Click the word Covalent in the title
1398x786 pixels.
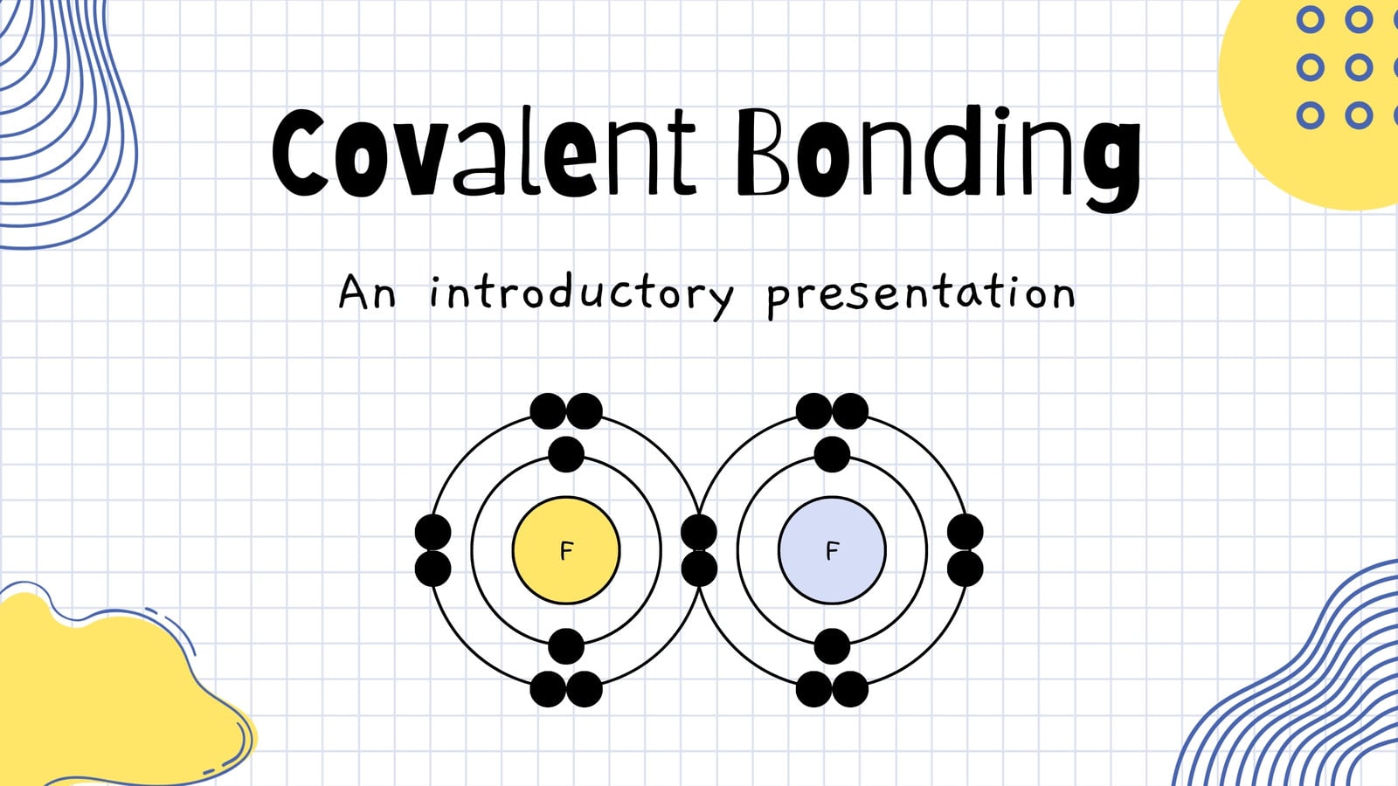(x=484, y=152)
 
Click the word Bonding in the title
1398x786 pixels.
(x=938, y=160)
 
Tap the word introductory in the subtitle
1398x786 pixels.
(x=582, y=294)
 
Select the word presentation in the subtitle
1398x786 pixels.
(x=921, y=294)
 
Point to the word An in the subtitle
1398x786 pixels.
(x=367, y=292)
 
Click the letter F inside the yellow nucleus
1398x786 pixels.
(x=566, y=551)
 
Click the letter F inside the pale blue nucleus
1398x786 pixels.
(x=832, y=551)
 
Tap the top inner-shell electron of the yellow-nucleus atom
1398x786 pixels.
(x=566, y=454)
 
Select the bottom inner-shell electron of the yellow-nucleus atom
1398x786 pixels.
(x=566, y=646)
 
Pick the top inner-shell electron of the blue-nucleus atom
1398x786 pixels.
(x=832, y=454)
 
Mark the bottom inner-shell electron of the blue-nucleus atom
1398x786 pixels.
(x=832, y=646)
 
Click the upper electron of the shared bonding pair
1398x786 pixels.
(x=699, y=532)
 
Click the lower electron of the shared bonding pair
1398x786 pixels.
(x=699, y=569)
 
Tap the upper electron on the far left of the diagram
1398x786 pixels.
(x=433, y=532)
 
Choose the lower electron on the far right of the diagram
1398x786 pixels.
(x=965, y=569)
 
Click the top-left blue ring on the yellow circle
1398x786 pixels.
(x=1310, y=19)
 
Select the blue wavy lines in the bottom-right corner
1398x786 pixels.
(x=1298, y=686)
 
